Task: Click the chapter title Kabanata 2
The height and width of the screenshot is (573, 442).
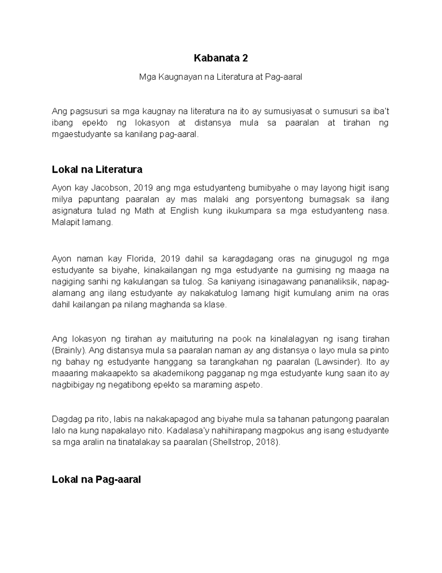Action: pyautogui.click(x=221, y=58)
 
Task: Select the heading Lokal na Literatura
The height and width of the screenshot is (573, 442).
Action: pyautogui.click(x=97, y=169)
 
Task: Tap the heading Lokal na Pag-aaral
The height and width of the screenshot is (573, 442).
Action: pyautogui.click(x=97, y=479)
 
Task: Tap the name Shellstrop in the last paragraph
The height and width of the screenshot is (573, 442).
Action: pyautogui.click(x=231, y=442)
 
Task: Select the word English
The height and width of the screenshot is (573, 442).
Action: pyautogui.click(x=184, y=211)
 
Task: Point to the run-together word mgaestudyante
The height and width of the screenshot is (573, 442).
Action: pyautogui.click(x=81, y=134)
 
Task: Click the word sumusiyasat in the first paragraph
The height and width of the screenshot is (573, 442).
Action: pyautogui.click(x=285, y=111)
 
